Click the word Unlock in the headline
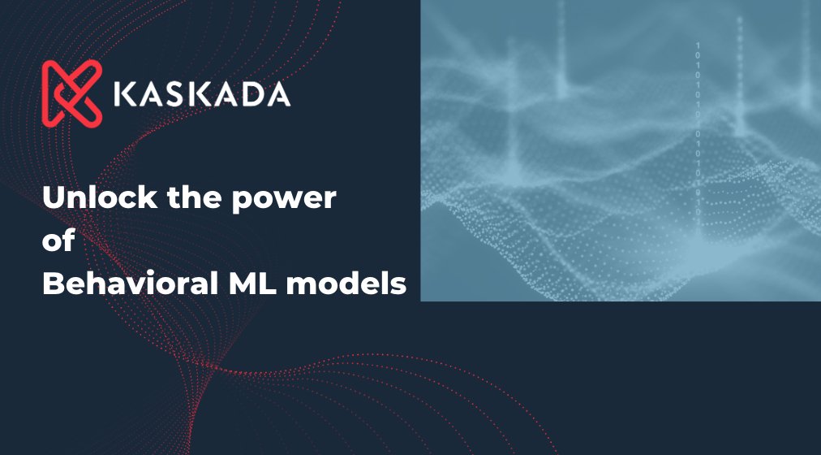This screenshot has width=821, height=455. pyautogui.click(x=90, y=199)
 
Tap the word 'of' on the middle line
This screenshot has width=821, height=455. pyautogui.click(x=58, y=241)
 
